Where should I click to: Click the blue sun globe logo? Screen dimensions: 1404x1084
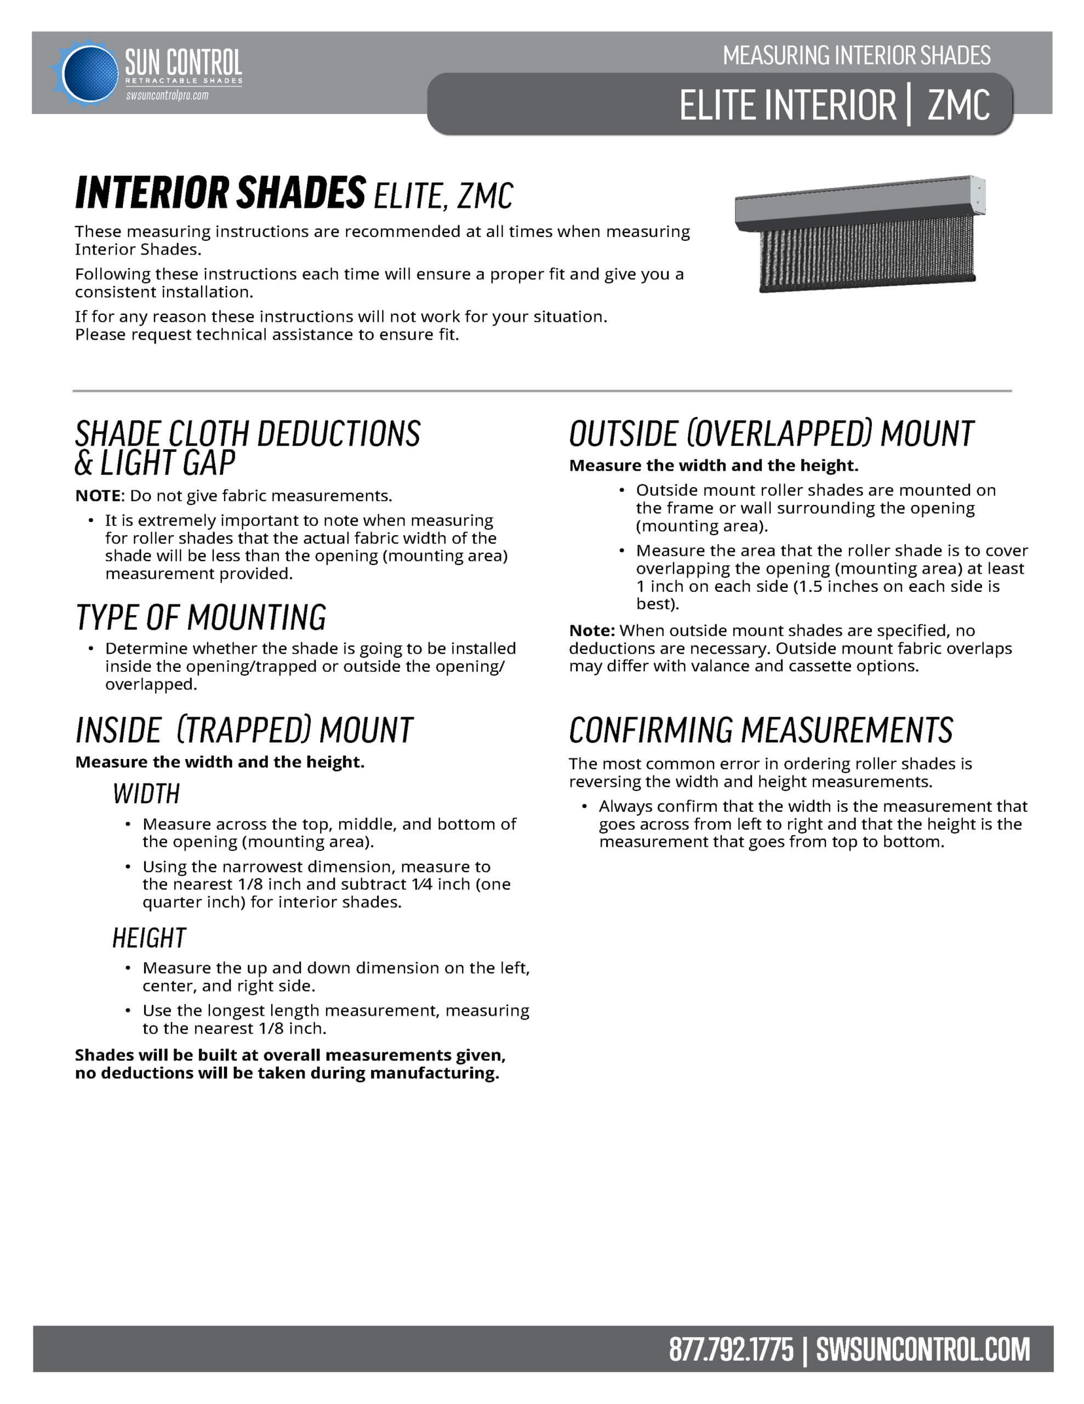(89, 73)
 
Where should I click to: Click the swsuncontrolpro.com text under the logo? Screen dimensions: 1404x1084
(167, 96)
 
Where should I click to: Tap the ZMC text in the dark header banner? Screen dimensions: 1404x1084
(958, 105)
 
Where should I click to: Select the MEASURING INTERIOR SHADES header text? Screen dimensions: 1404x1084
(856, 56)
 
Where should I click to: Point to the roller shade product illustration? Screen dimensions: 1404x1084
(861, 234)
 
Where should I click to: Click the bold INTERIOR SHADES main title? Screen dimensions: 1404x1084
(220, 193)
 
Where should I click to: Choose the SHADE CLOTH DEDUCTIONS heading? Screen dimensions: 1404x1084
(247, 434)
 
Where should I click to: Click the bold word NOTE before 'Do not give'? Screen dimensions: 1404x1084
(98, 496)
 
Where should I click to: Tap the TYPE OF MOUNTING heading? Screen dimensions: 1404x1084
(201, 617)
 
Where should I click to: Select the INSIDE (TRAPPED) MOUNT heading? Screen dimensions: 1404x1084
(244, 731)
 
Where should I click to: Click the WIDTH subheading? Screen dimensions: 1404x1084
(146, 794)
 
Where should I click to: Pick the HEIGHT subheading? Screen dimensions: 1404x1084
(149, 938)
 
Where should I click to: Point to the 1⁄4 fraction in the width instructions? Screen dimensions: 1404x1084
(421, 884)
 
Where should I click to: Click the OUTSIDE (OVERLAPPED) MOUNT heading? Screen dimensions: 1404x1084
(771, 434)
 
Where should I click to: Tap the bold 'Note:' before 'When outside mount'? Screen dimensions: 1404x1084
(592, 631)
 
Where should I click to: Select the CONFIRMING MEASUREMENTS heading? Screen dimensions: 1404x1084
(761, 731)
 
